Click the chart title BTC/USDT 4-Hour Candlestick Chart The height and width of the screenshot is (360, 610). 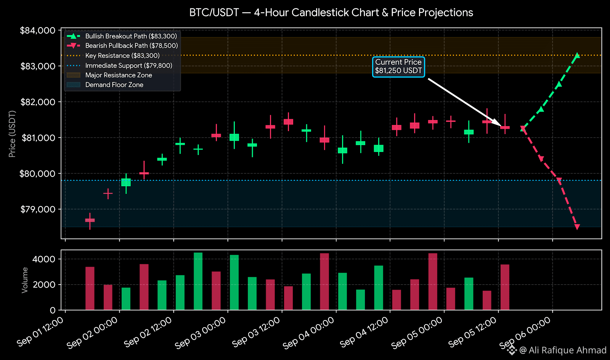pyautogui.click(x=331, y=13)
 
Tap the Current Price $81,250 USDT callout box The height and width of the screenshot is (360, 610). pyautogui.click(x=398, y=67)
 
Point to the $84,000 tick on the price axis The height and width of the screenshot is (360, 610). pyautogui.click(x=38, y=30)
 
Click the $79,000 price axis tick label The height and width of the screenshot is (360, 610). pyautogui.click(x=38, y=209)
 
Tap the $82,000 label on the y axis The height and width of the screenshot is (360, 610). pyautogui.click(x=38, y=102)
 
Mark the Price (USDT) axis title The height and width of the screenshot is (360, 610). pyautogui.click(x=12, y=134)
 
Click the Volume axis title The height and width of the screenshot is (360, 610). pyautogui.click(x=25, y=280)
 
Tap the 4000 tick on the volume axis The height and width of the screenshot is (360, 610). pyautogui.click(x=44, y=259)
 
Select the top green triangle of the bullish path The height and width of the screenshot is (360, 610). pyautogui.click(x=577, y=56)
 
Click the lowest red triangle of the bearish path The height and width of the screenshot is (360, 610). pyautogui.click(x=577, y=227)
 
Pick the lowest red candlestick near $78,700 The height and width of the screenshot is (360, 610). pyautogui.click(x=90, y=221)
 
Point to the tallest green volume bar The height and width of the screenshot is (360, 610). pyautogui.click(x=198, y=282)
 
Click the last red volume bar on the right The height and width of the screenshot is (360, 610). pyautogui.click(x=505, y=287)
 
